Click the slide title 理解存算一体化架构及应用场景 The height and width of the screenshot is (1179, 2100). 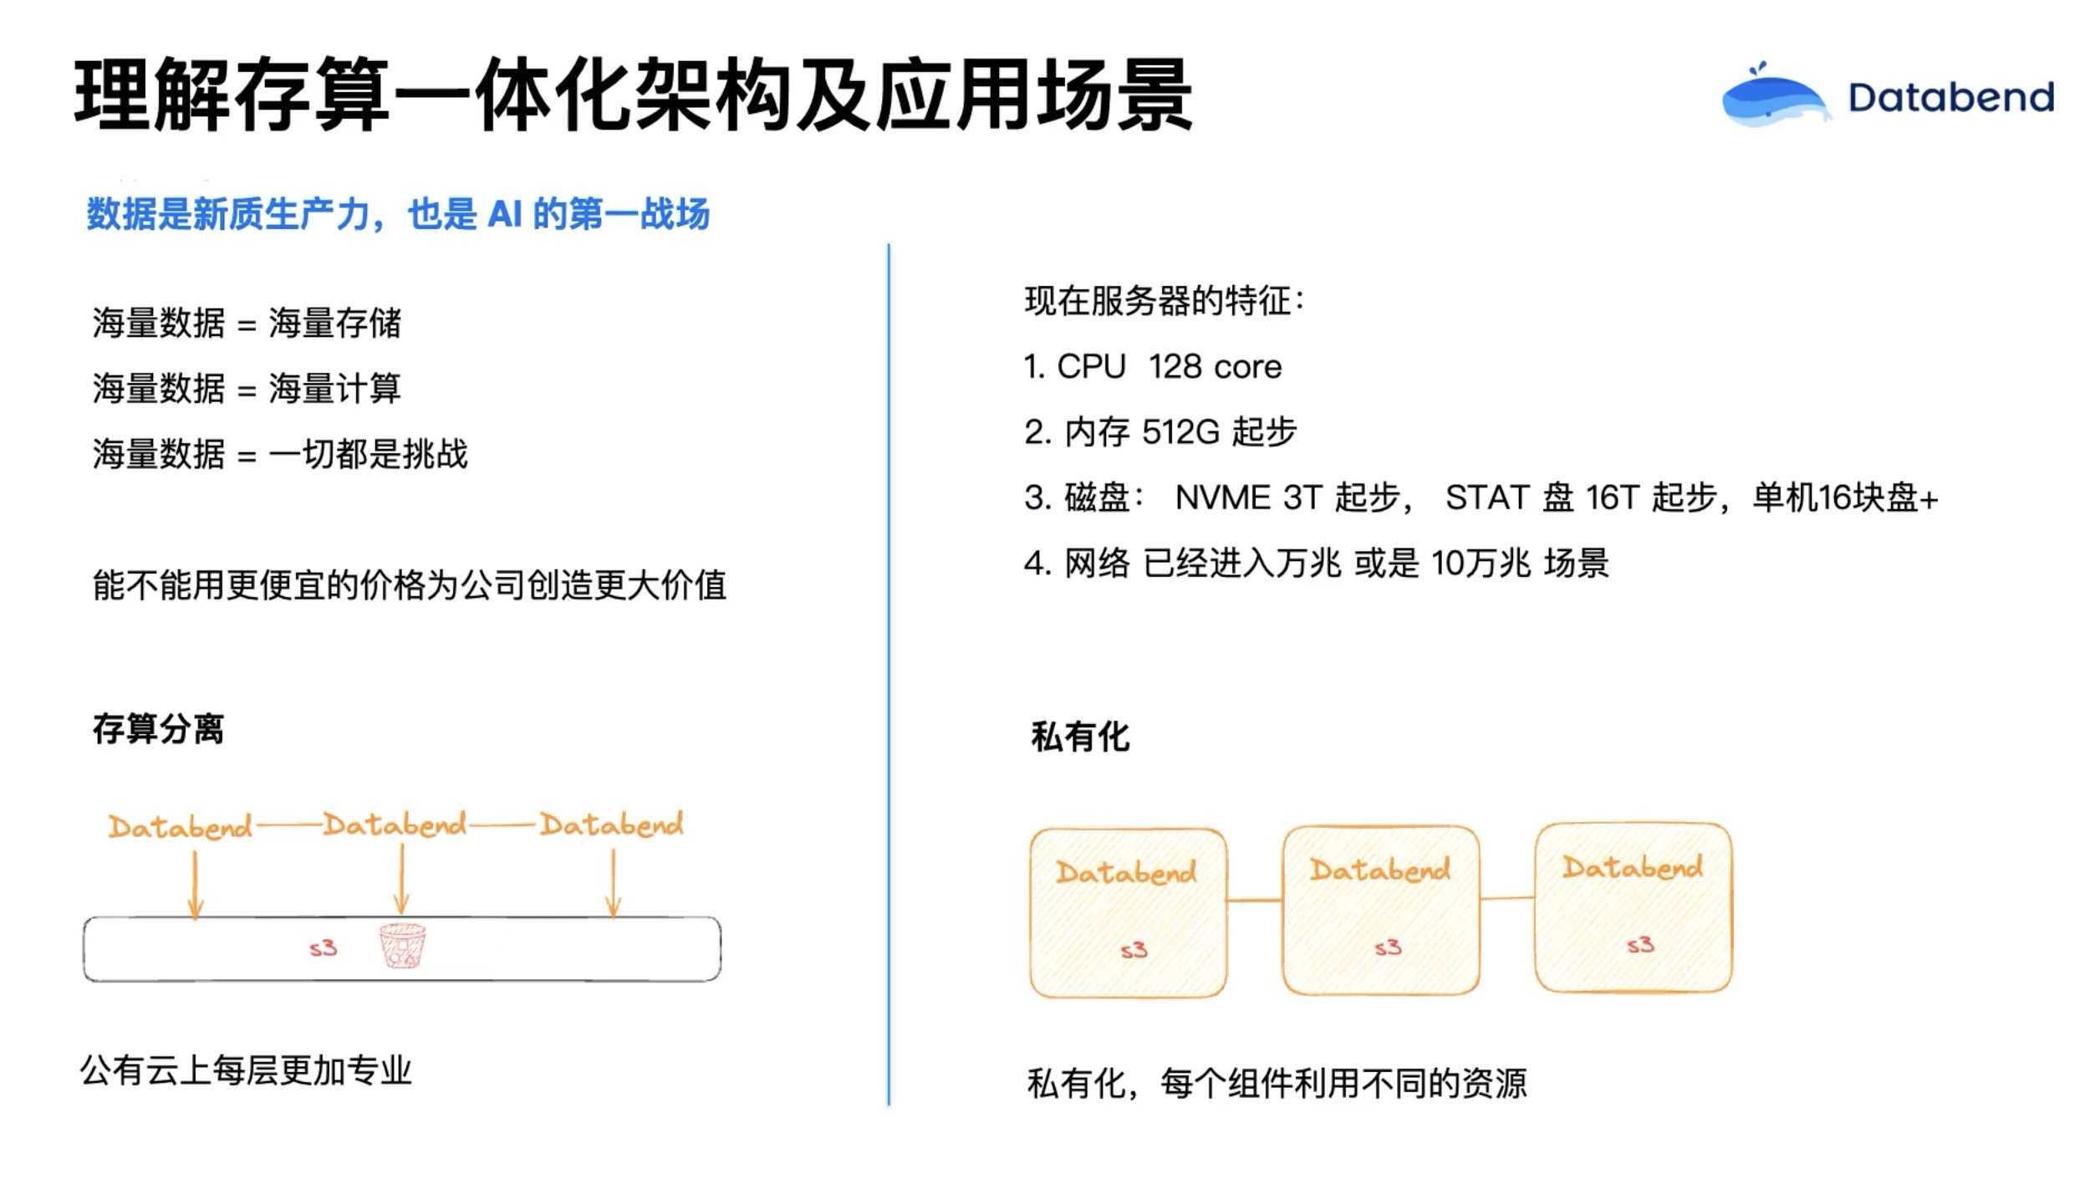tap(633, 94)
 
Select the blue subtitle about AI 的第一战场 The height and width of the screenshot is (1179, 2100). tap(398, 214)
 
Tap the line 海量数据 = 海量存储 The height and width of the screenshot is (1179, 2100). tap(247, 323)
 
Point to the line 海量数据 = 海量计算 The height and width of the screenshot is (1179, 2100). tap(247, 388)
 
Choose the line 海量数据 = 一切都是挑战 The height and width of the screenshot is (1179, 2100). tap(280, 454)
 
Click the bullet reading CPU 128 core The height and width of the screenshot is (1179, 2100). tap(1153, 366)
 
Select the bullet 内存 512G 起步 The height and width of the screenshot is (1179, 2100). tap(1160, 431)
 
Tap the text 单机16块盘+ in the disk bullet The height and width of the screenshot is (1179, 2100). tap(1845, 498)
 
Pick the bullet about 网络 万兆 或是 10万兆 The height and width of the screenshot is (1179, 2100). tap(1317, 563)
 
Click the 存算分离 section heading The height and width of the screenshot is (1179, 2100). tap(158, 729)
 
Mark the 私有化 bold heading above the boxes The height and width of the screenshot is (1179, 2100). tap(1080, 737)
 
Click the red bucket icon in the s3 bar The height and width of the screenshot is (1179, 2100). tap(402, 945)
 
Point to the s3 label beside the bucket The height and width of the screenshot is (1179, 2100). tap(323, 948)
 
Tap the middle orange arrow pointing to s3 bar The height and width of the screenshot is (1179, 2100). tap(401, 879)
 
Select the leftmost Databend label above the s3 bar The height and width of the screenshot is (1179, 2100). tap(180, 827)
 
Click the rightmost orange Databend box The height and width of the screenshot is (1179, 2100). tap(1634, 908)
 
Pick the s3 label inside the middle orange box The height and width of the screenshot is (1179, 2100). tap(1388, 947)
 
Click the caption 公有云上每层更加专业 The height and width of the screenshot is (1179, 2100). tap(246, 1070)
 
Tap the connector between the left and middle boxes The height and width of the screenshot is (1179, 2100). tap(1254, 901)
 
